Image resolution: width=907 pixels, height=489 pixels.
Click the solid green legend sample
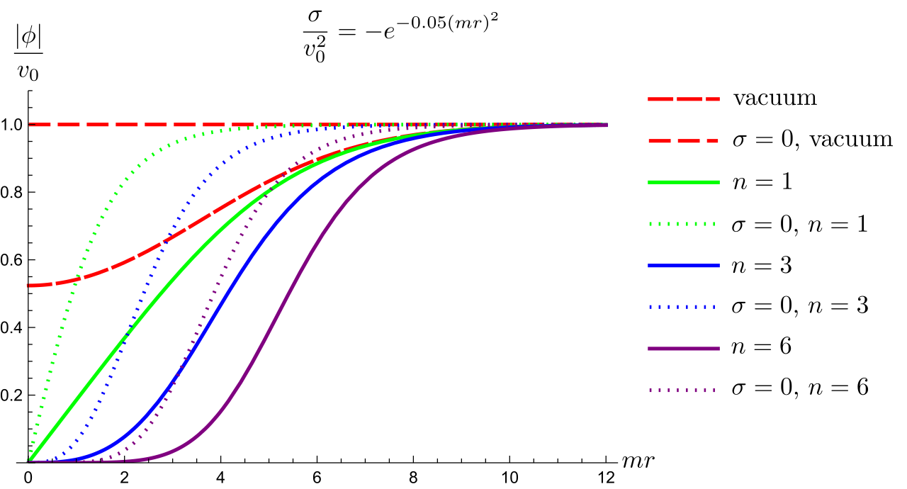point(683,182)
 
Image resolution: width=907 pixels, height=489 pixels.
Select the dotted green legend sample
point(683,224)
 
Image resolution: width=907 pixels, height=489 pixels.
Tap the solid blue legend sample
point(683,266)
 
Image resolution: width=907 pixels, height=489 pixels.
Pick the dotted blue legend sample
point(683,307)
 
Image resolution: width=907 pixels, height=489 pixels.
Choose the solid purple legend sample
point(683,349)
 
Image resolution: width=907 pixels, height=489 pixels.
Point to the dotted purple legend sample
point(683,390)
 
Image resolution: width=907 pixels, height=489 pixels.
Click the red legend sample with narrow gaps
point(683,99)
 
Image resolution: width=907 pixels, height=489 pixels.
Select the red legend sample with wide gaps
point(683,141)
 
